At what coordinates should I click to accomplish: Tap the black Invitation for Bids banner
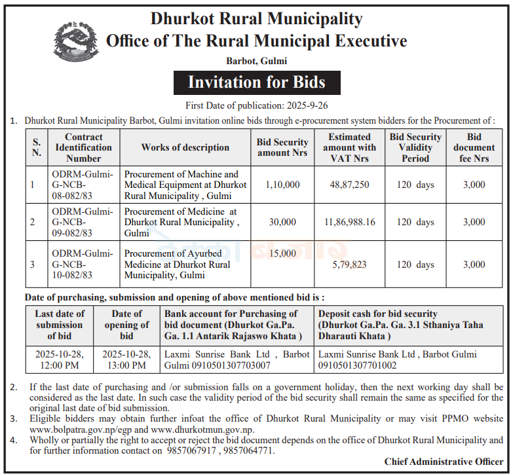coord(256,82)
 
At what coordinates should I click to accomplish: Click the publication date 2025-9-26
coord(305,105)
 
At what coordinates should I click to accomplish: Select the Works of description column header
coord(185,147)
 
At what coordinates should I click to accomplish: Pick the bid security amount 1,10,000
coord(282,185)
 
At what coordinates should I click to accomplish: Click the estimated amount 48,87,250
coord(349,185)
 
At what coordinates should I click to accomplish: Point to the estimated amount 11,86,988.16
coord(349,222)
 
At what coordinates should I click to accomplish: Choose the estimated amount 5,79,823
coord(349,265)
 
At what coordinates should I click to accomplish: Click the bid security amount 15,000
coord(282,253)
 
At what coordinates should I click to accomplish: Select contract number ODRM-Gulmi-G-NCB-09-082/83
coord(72,222)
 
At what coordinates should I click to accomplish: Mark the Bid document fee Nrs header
coord(474,147)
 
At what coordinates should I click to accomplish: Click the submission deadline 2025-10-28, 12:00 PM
coord(60,359)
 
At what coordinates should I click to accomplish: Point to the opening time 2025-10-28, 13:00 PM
coord(126,359)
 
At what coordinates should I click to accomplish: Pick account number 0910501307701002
coord(357,365)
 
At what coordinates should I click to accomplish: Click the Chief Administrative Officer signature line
coord(444,462)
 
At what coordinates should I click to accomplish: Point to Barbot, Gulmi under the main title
coord(256,61)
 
